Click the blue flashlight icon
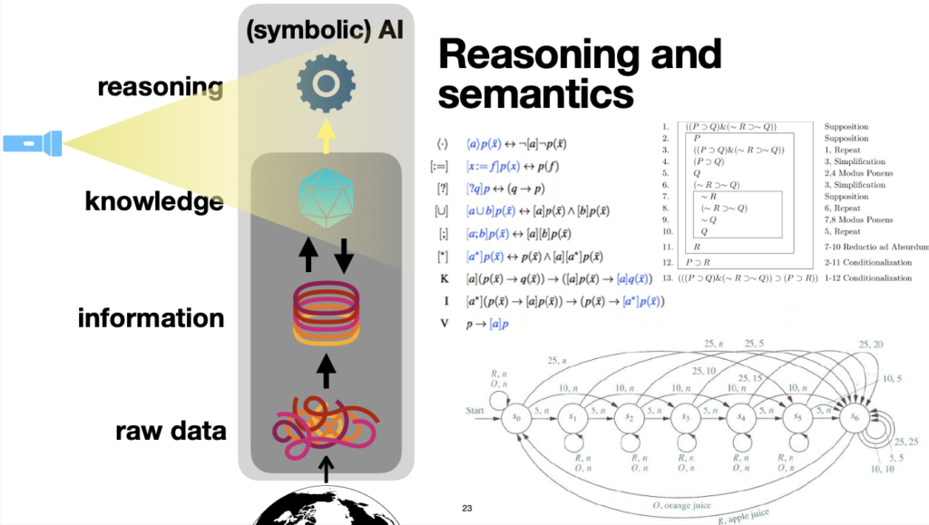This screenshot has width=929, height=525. (33, 142)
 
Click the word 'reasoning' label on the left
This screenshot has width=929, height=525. (160, 87)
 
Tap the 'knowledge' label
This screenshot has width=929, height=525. (154, 200)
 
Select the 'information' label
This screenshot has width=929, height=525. (151, 317)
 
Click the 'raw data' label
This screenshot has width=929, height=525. (171, 430)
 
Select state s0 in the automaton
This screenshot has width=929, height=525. (515, 417)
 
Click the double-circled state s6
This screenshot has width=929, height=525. (855, 416)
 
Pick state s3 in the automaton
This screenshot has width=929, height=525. (685, 417)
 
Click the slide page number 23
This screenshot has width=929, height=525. (466, 508)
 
